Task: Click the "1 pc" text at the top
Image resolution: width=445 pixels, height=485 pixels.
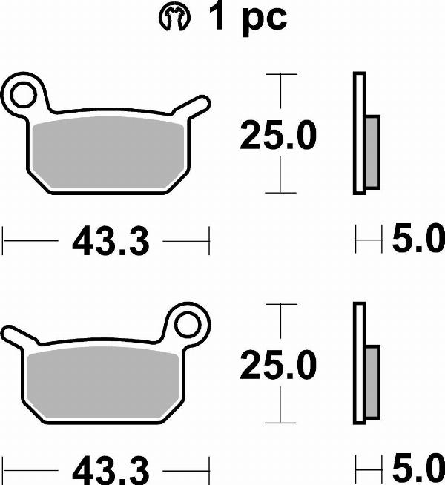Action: (247, 19)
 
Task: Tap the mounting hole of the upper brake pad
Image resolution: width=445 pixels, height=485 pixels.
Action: (24, 94)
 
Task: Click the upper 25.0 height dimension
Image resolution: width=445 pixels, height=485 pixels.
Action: (278, 136)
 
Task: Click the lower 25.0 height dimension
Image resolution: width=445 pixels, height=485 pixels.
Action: (278, 366)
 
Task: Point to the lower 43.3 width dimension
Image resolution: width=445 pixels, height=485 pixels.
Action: (111, 469)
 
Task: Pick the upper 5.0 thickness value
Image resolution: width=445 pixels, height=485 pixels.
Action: (418, 240)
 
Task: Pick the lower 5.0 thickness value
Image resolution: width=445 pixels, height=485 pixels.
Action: (418, 469)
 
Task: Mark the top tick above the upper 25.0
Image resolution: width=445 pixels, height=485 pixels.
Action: (280, 75)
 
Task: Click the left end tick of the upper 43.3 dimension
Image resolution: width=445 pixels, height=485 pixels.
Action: (4, 240)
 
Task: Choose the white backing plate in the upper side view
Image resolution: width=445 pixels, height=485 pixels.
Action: (360, 133)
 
